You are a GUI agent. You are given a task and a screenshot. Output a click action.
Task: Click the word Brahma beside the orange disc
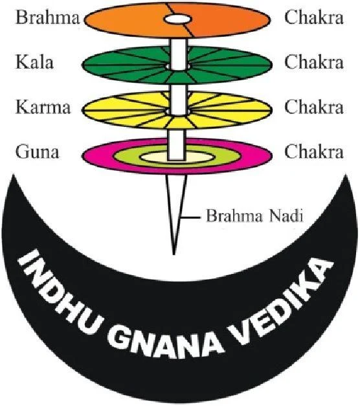48,17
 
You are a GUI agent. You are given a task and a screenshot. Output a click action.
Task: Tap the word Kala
35,62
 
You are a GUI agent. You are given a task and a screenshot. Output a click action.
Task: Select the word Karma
43,107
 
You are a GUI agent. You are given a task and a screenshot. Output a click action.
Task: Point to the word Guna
38,152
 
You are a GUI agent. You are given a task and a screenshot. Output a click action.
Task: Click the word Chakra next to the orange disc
314,17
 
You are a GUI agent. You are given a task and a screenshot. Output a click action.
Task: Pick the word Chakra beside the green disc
314,62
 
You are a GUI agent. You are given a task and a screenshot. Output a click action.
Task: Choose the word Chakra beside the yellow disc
314,107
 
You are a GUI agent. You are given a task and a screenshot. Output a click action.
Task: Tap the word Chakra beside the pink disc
314,152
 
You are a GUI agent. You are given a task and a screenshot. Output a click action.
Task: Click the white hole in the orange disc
178,19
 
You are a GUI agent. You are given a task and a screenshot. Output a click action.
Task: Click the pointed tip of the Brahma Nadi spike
174,254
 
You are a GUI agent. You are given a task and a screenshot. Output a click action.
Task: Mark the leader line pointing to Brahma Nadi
190,218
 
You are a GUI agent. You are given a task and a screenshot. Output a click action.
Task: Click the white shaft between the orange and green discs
179,54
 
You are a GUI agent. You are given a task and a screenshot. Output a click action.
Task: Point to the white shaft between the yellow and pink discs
177,144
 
